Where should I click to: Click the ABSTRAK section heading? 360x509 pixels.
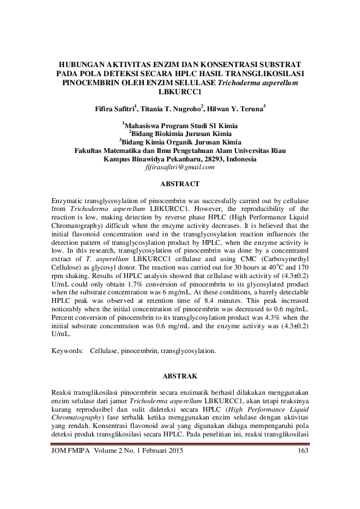[180, 375]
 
